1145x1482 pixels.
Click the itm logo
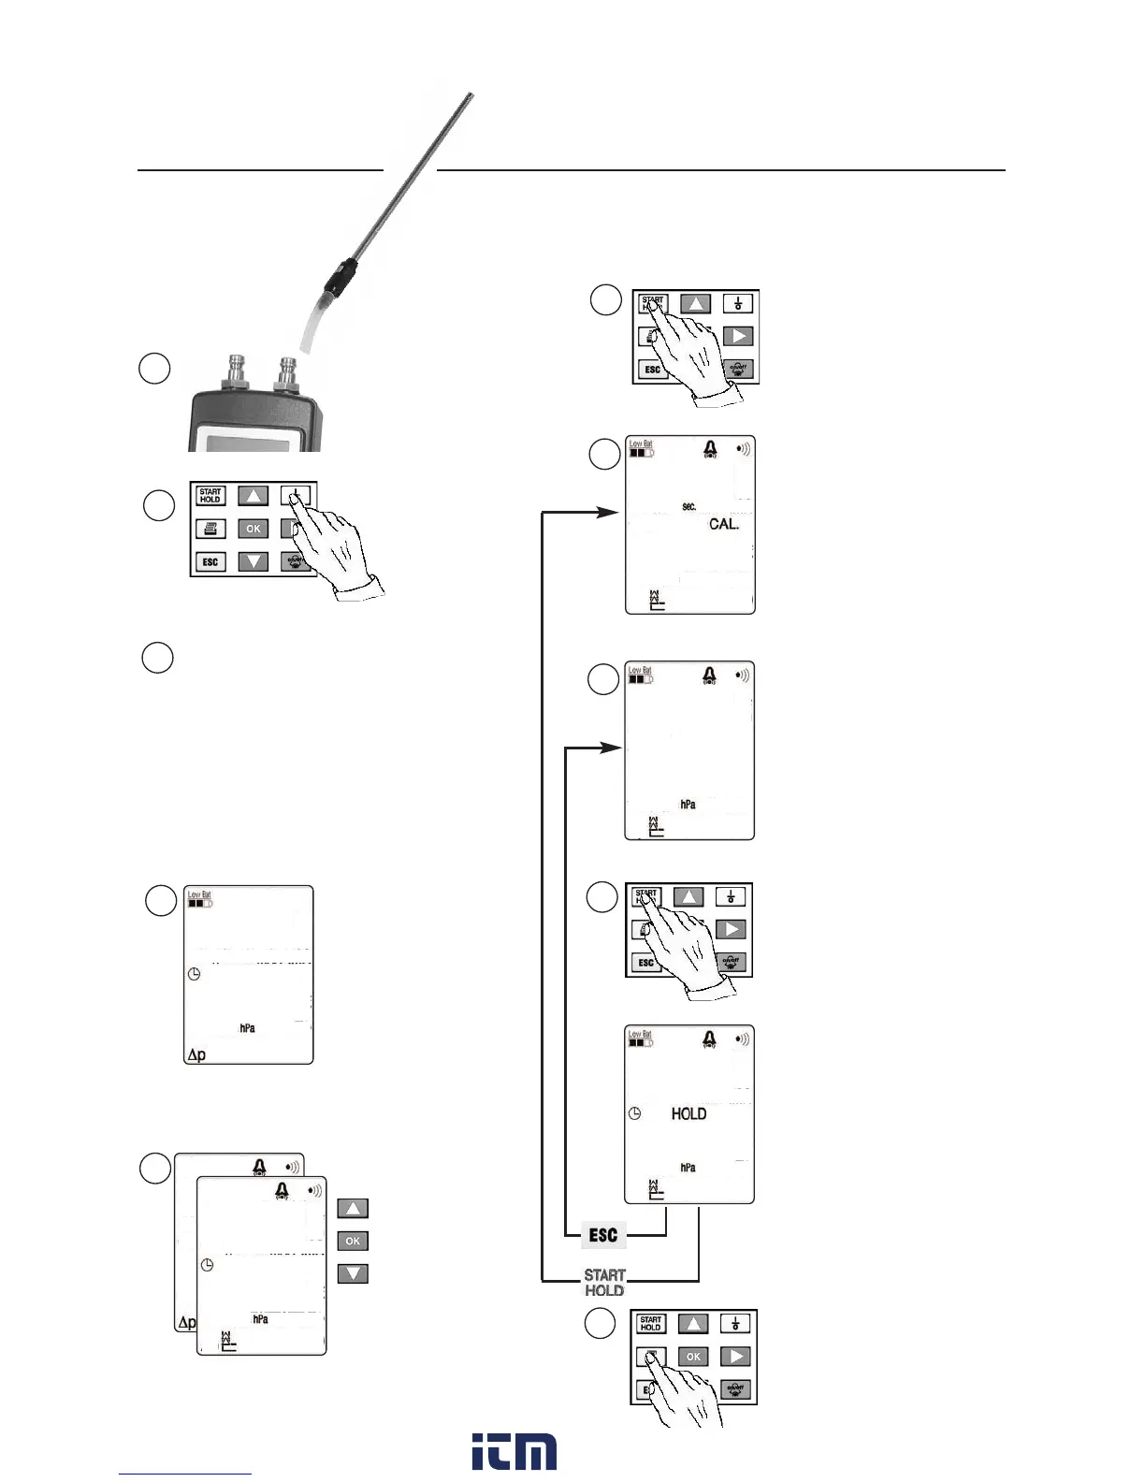point(514,1451)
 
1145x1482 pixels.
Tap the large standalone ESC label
point(603,1235)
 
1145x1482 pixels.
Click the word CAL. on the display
point(723,524)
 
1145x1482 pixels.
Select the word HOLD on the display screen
point(688,1113)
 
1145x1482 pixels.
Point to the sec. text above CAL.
point(688,506)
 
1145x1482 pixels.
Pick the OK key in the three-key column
point(353,1241)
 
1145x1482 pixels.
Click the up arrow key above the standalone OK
point(353,1208)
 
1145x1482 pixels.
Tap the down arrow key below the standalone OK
point(353,1273)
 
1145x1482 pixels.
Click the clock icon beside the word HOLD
point(634,1113)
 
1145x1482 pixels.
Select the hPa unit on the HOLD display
point(688,1168)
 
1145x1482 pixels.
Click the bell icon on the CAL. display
point(710,450)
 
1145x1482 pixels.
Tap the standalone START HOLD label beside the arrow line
point(604,1282)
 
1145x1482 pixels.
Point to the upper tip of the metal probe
point(470,96)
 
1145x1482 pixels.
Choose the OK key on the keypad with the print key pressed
point(693,1356)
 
